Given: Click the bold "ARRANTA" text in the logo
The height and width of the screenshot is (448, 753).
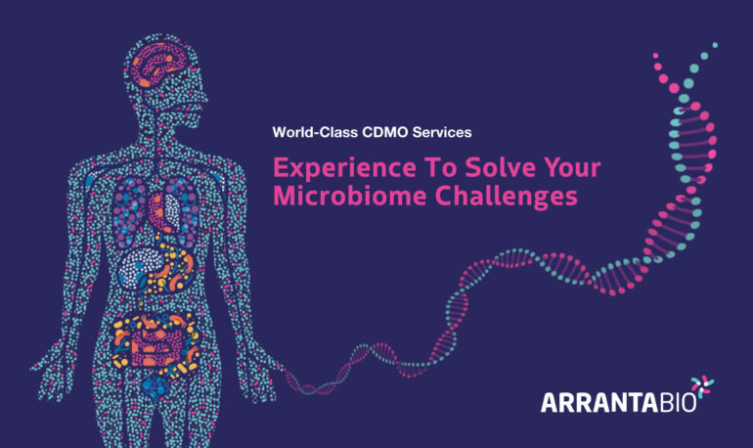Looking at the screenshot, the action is [599, 403].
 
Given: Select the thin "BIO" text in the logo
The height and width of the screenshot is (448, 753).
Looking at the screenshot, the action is [677, 403].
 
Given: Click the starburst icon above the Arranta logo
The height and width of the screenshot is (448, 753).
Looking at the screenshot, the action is [702, 387].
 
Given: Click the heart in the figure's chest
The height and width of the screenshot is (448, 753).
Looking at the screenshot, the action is [165, 211].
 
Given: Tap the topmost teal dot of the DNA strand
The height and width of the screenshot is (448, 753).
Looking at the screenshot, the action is [715, 45].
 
